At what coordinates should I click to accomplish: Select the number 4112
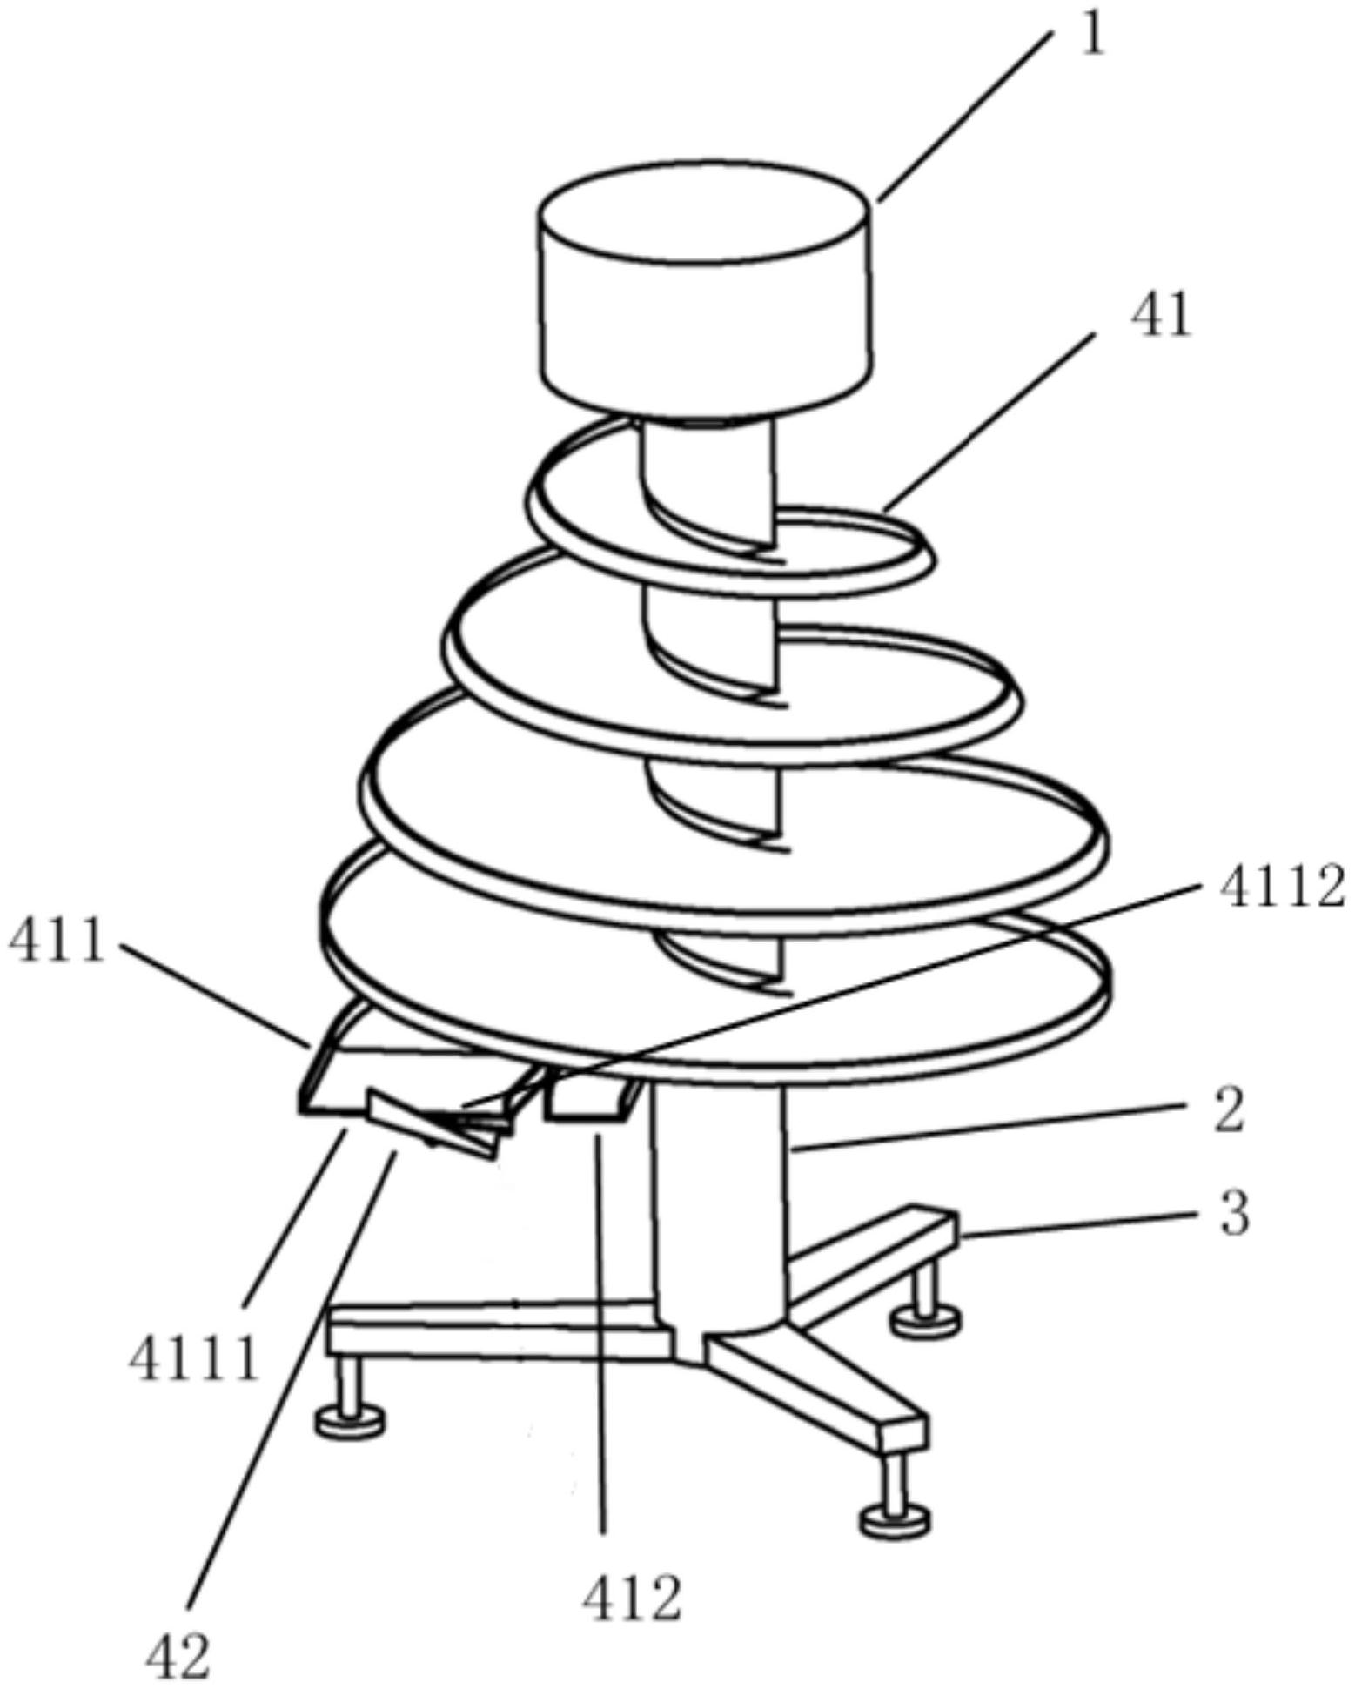click(1282, 890)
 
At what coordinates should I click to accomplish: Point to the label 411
click(57, 942)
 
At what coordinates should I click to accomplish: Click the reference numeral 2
click(1228, 1113)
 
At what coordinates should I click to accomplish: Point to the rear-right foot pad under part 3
click(927, 1319)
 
